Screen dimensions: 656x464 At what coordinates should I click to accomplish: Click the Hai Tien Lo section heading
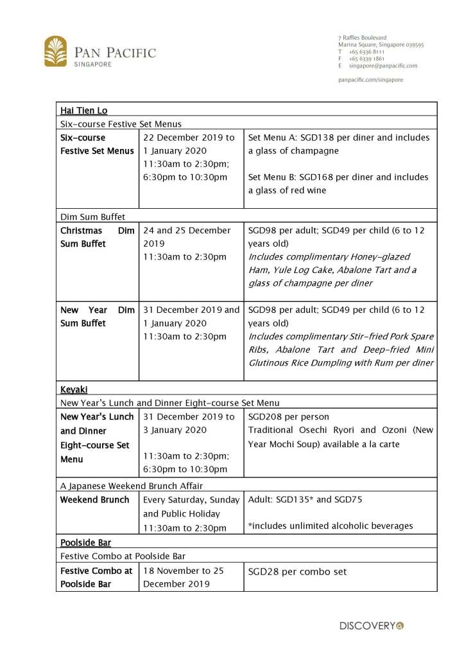(84, 111)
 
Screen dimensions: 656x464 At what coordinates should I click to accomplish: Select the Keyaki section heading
(74, 389)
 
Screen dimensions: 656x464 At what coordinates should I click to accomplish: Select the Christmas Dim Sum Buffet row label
(97, 236)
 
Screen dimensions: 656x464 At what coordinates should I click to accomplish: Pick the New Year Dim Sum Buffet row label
(97, 316)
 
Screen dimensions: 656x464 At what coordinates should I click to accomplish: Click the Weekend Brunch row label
(94, 500)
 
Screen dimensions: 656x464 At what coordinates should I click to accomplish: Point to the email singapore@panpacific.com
(382, 66)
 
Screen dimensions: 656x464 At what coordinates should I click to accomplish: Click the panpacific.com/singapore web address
(370, 80)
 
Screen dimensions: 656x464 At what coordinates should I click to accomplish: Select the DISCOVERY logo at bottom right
(372, 625)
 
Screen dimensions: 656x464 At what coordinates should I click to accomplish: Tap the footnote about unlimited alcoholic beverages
(330, 526)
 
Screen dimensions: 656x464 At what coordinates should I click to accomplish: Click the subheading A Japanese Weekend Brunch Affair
(135, 486)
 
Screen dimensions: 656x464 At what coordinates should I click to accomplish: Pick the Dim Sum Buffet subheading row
(92, 217)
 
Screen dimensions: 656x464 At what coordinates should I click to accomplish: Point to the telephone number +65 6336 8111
(366, 51)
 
